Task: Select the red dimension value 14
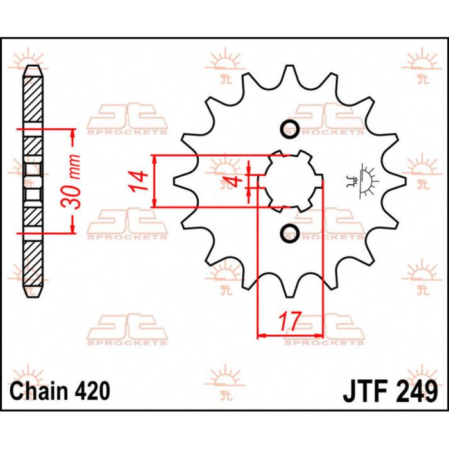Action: point(136,182)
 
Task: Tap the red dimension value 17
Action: point(289,321)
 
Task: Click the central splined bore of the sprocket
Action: point(289,181)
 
